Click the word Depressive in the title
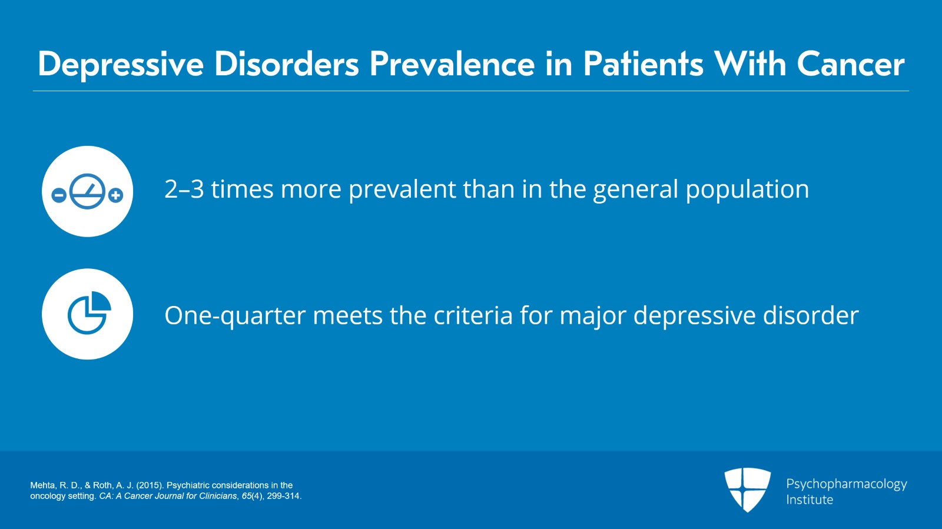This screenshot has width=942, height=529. (x=121, y=64)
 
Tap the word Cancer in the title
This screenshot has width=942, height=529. (x=850, y=64)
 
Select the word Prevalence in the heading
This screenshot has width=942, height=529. (x=452, y=64)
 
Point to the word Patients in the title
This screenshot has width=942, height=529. (x=643, y=64)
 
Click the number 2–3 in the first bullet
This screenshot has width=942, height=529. (x=184, y=189)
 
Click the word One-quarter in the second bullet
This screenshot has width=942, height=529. (x=234, y=316)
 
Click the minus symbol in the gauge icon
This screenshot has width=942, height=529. (x=59, y=195)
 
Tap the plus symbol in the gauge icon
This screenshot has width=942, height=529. (x=116, y=195)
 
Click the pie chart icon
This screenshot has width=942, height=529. (x=88, y=313)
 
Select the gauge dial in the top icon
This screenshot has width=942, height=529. (x=87, y=191)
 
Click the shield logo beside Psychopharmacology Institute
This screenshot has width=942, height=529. (x=747, y=489)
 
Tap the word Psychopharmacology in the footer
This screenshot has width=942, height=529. (x=846, y=484)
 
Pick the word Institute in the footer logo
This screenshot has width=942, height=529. (x=810, y=500)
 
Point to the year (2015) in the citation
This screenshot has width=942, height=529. (x=150, y=485)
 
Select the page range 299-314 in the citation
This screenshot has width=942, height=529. (x=283, y=496)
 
